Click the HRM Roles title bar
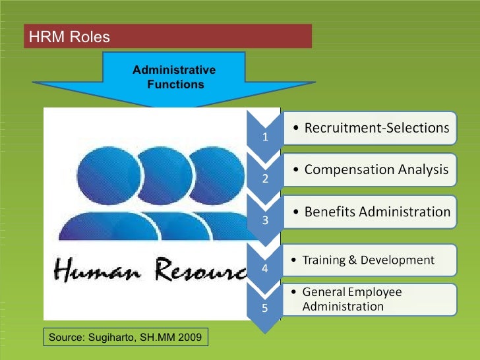point(167,36)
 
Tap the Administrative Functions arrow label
point(174,77)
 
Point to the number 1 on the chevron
point(265,138)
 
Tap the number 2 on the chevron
point(265,180)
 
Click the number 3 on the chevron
point(265,221)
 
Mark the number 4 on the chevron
point(265,269)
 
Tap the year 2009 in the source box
point(191,338)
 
